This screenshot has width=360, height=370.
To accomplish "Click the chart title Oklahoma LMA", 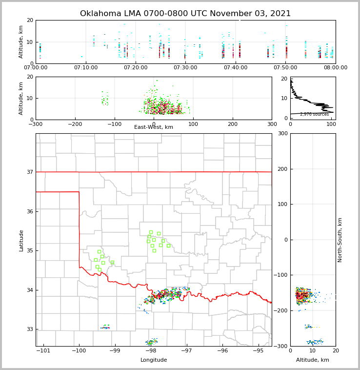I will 185,14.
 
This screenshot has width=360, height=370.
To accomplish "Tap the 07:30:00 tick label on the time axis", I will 185,68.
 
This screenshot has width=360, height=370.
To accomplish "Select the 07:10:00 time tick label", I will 86,68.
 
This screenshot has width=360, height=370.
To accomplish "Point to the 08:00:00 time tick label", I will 335,68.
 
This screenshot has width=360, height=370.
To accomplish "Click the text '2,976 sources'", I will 314,114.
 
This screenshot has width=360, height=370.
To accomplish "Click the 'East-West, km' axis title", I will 154,127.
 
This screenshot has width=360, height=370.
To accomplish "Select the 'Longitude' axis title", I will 154,360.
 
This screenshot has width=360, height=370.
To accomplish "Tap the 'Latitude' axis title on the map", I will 21,240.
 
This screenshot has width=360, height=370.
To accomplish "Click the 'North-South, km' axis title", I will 340,240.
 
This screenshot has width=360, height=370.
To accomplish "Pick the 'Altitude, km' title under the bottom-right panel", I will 313,360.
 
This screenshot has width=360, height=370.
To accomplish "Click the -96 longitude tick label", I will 222,351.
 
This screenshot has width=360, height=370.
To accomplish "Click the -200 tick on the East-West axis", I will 74,124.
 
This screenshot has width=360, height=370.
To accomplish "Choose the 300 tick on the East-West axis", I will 272,124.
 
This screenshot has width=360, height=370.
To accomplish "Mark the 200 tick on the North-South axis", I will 282,169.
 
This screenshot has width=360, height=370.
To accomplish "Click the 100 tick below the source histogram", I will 331,124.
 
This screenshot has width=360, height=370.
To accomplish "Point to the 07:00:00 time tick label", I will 36,68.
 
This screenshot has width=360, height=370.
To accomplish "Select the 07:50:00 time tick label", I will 285,68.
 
